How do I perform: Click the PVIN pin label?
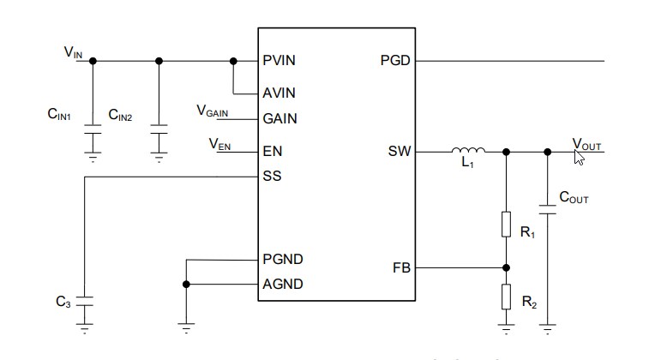point(280,61)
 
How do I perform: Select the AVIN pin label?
point(279,93)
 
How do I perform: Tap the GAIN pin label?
point(279,119)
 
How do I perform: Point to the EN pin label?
point(272,152)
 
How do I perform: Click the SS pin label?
point(272,177)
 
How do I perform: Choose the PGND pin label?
point(282,259)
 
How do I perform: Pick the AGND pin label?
point(282,284)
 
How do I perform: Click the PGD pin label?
point(394,61)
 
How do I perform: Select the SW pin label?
point(400,152)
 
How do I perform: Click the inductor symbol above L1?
point(467,151)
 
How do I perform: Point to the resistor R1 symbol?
point(507,225)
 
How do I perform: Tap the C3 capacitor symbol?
point(84,301)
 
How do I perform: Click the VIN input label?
point(73,53)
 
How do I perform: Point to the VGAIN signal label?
point(213,111)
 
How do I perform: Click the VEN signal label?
point(219,143)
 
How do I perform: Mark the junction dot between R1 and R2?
point(507,267)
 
